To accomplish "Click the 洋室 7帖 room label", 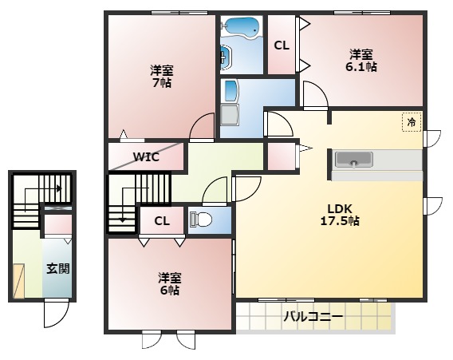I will (x=162, y=75).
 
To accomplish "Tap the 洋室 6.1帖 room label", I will (x=360, y=61).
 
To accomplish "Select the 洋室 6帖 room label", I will (x=168, y=284).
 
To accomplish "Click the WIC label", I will (x=146, y=156).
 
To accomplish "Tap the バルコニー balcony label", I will (x=313, y=317).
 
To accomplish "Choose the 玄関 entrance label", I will (x=57, y=268).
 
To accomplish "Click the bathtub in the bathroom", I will (x=241, y=29).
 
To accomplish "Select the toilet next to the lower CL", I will (x=203, y=220).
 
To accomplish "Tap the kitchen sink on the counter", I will (x=350, y=160).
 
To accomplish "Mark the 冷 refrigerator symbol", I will (x=412, y=122).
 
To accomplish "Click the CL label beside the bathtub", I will (x=282, y=45).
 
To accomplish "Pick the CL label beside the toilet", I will (x=161, y=220).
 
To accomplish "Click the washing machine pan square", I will (x=230, y=116).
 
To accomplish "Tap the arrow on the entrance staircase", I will (x=58, y=189).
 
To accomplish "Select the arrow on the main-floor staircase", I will (x=121, y=215).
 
